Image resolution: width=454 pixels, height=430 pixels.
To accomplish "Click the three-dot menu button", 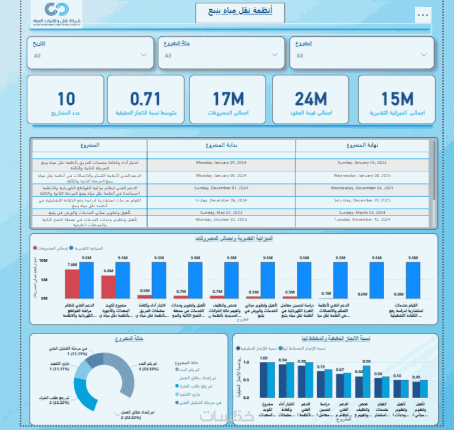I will [x=422, y=14].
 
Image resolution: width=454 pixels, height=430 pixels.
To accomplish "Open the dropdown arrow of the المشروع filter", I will [x=424, y=55].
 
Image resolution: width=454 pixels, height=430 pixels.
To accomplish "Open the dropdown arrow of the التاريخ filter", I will [x=143, y=56].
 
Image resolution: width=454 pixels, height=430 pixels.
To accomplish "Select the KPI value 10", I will [x=66, y=99].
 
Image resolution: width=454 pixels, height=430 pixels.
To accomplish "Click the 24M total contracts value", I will [x=312, y=99].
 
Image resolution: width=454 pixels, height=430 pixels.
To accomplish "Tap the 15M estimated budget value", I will [x=397, y=99].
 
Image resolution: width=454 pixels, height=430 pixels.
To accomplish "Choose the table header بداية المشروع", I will [x=221, y=145].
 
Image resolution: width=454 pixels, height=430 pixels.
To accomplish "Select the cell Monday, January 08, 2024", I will [x=221, y=175].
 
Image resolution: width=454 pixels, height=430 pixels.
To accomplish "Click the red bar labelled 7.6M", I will [x=72, y=283].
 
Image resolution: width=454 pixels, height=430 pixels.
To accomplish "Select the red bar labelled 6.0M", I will [x=108, y=286].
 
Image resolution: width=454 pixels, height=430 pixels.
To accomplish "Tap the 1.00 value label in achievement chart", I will [x=263, y=359].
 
